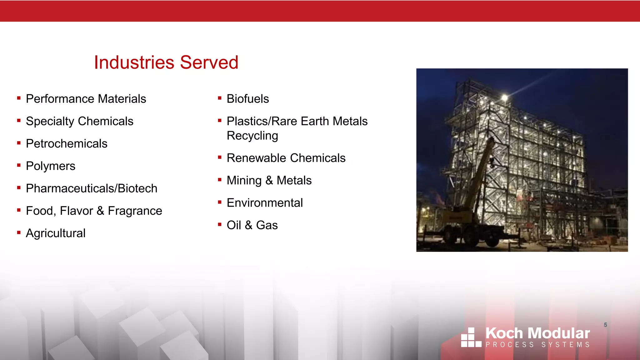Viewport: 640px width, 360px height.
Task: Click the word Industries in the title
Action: coord(134,62)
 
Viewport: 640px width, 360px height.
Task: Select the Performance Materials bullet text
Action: coord(86,99)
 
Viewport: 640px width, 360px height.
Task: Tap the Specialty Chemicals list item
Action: coord(79,121)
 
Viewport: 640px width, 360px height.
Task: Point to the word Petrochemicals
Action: coord(67,144)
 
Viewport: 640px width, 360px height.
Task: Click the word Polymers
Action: coord(51,166)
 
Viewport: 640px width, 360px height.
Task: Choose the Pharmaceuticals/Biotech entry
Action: coord(92,188)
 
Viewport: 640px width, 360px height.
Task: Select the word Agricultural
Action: coord(56,233)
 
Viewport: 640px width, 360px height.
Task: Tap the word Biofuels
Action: coord(247,99)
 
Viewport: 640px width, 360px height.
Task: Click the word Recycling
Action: coord(252,136)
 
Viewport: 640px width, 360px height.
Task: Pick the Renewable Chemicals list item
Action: coord(286,158)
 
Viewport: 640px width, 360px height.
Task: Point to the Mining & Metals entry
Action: coord(269,181)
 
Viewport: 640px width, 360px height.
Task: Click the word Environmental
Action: coord(265,203)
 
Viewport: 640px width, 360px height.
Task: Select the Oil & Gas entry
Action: coord(252,225)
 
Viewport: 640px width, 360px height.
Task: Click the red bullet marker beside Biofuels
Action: coord(220,98)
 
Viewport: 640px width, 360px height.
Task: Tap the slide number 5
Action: coord(605,325)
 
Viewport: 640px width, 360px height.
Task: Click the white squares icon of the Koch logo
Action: coord(471,337)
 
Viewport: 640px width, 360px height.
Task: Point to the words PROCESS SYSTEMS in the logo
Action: coord(537,345)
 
